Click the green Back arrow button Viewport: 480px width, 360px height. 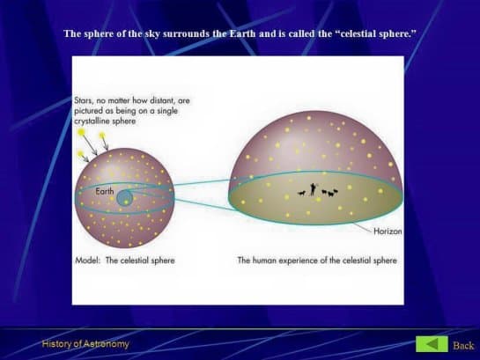[432, 344]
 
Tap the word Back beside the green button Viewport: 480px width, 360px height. [463, 345]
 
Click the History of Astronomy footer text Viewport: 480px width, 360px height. [85, 344]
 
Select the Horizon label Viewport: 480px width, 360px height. [388, 231]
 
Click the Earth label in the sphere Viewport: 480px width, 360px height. [105, 191]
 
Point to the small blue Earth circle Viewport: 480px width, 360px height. [124, 198]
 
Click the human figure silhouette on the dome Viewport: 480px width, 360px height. [313, 189]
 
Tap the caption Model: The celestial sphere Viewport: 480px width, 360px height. [125, 261]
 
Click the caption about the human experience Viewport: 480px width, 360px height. [317, 261]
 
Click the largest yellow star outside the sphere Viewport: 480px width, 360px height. [81, 132]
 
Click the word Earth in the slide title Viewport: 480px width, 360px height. [242, 33]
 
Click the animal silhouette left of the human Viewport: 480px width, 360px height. [301, 193]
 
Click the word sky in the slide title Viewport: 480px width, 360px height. [152, 33]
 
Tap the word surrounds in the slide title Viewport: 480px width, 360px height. [187, 33]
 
